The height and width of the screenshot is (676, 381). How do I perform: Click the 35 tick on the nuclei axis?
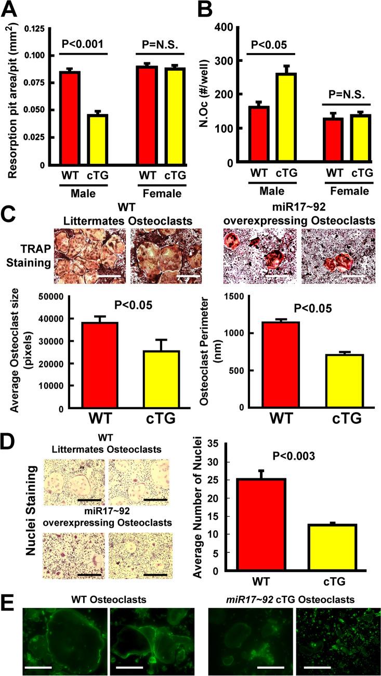(x=221, y=444)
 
